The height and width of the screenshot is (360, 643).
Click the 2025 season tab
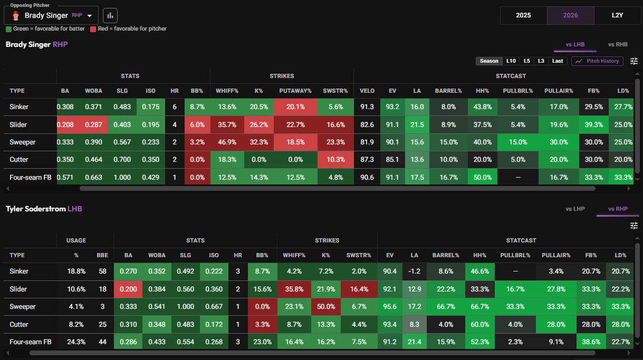(x=523, y=15)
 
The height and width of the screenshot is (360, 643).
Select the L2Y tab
(x=618, y=15)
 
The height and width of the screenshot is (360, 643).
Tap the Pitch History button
(x=597, y=61)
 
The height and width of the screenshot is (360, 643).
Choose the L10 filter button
(x=511, y=61)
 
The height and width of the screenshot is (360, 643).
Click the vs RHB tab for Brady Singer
(x=618, y=44)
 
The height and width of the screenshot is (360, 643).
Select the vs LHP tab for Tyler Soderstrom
(x=575, y=209)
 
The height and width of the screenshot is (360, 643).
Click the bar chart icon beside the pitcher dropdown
(x=110, y=15)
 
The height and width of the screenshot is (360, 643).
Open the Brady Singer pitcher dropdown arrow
(x=90, y=16)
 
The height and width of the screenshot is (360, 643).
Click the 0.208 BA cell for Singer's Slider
(x=65, y=125)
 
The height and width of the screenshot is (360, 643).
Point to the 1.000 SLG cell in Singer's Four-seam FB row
(x=122, y=177)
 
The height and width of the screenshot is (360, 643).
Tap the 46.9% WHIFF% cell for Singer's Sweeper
(x=227, y=142)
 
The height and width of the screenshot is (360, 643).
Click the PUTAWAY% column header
(x=295, y=91)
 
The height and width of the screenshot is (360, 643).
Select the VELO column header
(x=367, y=91)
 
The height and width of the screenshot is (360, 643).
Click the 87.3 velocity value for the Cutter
(x=367, y=160)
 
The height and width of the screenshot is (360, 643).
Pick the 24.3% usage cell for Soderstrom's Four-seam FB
(x=76, y=342)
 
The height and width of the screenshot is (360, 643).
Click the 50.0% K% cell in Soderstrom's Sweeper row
(x=326, y=307)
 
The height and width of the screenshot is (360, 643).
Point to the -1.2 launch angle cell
(x=414, y=271)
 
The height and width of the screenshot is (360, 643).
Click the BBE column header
(x=102, y=255)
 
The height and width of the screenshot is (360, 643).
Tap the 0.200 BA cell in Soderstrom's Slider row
(x=128, y=289)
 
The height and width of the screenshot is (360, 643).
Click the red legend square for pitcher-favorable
(x=93, y=29)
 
